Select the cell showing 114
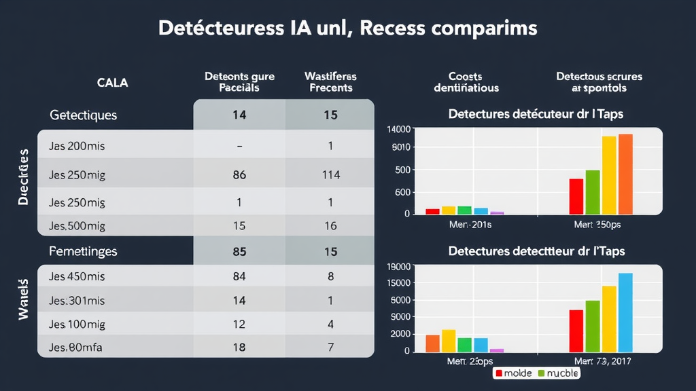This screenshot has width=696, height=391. [x=330, y=175]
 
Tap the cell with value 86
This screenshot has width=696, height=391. [x=239, y=175]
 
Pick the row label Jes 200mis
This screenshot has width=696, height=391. [x=77, y=146]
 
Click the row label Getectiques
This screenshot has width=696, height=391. [x=84, y=115]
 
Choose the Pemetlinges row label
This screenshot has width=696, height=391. [x=84, y=251]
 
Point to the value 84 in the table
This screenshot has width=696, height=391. [x=239, y=276]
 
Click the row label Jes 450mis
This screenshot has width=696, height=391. [x=77, y=276]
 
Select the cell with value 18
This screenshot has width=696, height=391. [x=239, y=347]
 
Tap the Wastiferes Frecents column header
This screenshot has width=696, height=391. [x=330, y=82]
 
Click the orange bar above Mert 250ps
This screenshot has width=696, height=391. [x=625, y=174]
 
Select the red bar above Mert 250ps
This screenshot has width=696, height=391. [x=576, y=197]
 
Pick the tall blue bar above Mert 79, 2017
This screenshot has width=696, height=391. [x=625, y=312]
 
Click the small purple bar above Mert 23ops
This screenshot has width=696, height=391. [x=497, y=350]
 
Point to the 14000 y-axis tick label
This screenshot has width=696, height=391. [x=398, y=129]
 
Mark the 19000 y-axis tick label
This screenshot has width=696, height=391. [x=398, y=267]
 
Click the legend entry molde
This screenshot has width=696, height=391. [x=514, y=373]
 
